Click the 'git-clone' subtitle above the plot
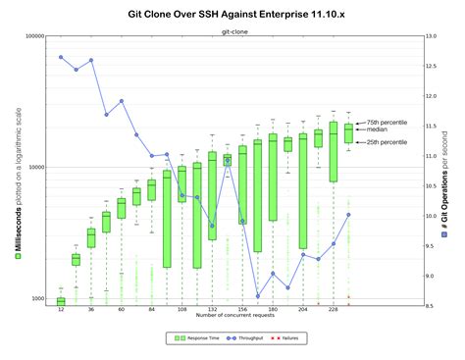pyautogui.click(x=235, y=30)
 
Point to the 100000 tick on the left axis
pyautogui.click(x=34, y=36)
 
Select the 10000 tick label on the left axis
pyautogui.click(x=36, y=167)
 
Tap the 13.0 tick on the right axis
pyautogui.click(x=432, y=36)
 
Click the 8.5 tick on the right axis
pyautogui.click(x=431, y=305)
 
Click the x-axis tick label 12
pyautogui.click(x=61, y=310)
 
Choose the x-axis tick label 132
pyautogui.click(x=213, y=310)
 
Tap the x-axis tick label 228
pyautogui.click(x=334, y=310)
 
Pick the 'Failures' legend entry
pyautogui.click(x=290, y=338)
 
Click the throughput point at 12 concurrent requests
pyautogui.click(x=61, y=57)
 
